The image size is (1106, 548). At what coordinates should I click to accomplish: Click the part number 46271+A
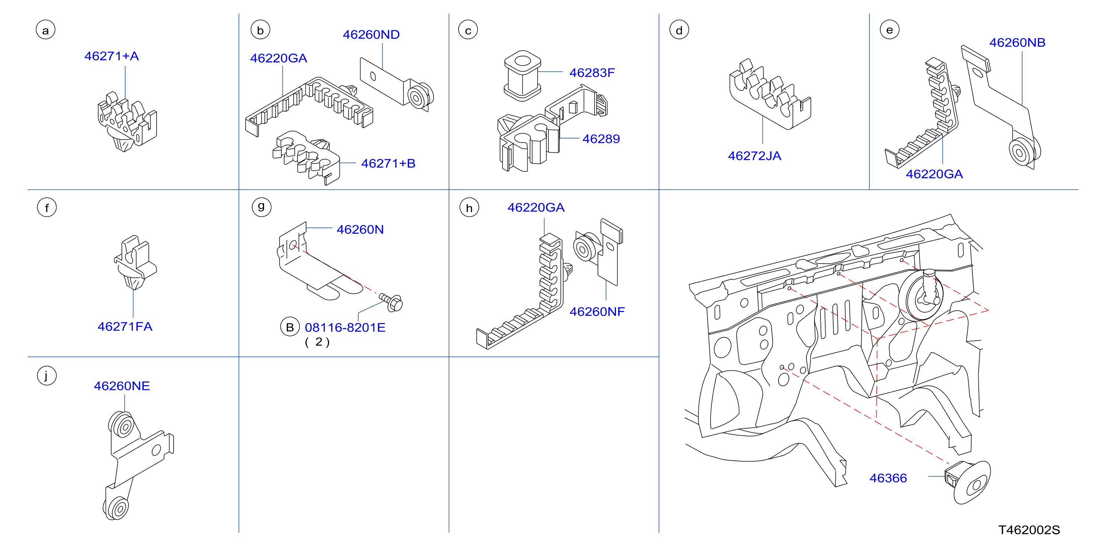point(112,56)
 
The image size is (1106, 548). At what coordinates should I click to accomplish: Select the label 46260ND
point(371,34)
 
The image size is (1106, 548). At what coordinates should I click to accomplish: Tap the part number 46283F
point(592,73)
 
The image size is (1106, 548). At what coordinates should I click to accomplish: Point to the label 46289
point(601,139)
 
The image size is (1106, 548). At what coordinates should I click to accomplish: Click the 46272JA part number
point(754,156)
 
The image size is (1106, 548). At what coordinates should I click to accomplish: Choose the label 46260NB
point(1017,42)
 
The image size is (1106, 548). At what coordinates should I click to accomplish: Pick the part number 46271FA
point(125,326)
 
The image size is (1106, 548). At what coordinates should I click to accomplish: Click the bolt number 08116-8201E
point(345,328)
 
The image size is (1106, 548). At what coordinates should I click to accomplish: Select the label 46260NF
point(597,311)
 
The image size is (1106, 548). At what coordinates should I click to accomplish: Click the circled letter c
point(468,30)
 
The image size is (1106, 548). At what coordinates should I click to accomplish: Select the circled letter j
point(47,376)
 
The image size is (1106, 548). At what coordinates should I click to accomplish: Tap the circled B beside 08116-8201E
point(290,327)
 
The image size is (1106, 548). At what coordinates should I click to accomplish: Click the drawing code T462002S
point(1029,530)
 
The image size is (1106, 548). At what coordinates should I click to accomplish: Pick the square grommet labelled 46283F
point(522,76)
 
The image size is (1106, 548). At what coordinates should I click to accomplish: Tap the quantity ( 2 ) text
point(317,342)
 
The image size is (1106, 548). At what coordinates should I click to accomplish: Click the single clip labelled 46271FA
point(135,263)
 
